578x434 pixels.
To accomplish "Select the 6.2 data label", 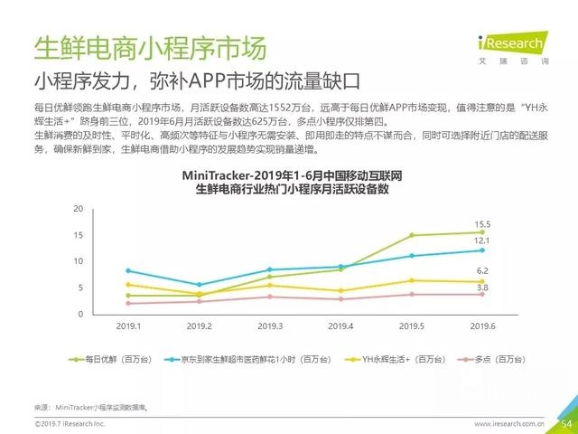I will pyautogui.click(x=482, y=270).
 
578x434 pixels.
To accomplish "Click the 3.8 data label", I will pyautogui.click(x=482, y=288).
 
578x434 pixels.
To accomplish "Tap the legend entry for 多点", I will pyautogui.click(x=487, y=359).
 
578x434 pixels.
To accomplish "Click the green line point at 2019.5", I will pyautogui.click(x=411, y=235).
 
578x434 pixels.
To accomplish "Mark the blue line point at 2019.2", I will pyautogui.click(x=200, y=285).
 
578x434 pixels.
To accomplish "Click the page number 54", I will pyautogui.click(x=567, y=422).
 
